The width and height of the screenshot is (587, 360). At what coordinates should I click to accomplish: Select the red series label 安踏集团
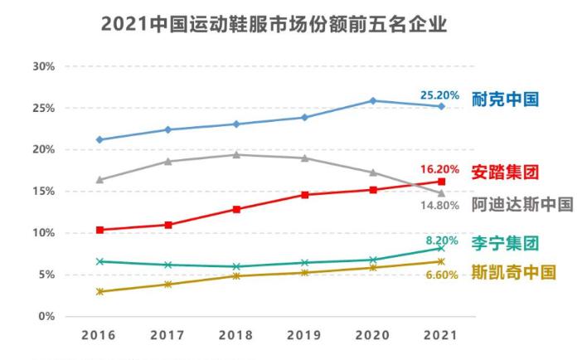pos(505,173)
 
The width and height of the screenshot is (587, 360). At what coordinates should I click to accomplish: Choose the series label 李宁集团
pos(505,243)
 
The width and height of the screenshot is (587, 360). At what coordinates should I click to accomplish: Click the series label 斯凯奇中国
pos(512,272)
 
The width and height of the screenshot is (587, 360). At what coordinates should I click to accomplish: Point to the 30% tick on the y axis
pos(43,66)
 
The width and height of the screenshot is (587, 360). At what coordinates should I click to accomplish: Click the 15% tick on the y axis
pos(43,192)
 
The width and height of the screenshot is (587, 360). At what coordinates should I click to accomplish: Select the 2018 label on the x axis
pos(236,337)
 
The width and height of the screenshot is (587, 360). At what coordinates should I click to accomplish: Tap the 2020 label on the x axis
pos(373,337)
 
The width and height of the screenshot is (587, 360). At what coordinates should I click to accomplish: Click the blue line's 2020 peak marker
pos(373,101)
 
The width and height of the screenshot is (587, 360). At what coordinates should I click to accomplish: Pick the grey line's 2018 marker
pos(236,154)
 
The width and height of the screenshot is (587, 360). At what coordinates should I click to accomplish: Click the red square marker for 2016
pos(99,230)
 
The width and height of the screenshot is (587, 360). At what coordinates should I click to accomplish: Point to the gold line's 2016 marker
pos(99,291)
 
